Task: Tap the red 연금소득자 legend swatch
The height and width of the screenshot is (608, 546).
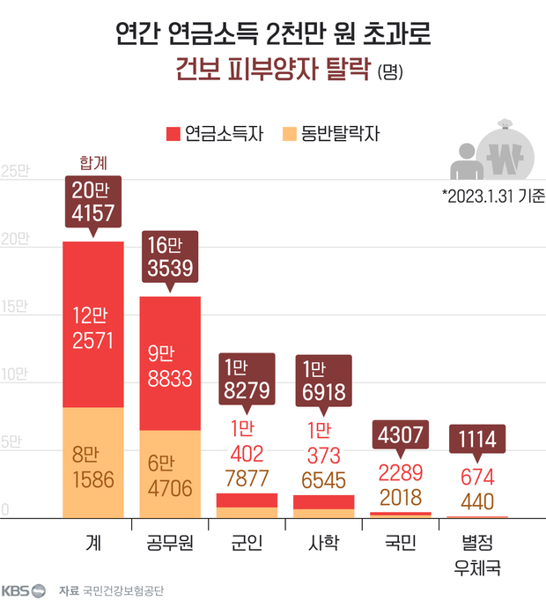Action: (x=172, y=135)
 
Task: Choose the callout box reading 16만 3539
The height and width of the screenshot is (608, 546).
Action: (x=170, y=256)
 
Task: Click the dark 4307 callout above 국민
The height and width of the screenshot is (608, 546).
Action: (x=400, y=435)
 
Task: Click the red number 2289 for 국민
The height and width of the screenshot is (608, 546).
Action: (x=400, y=471)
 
